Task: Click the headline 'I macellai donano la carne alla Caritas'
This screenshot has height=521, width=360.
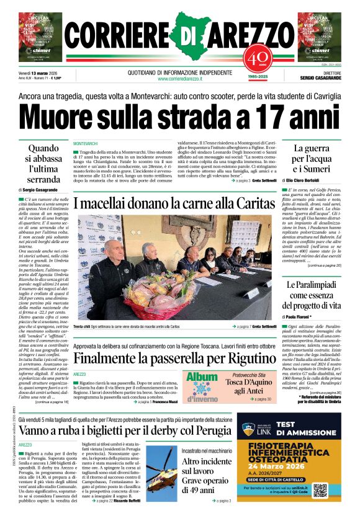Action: click(x=172, y=202)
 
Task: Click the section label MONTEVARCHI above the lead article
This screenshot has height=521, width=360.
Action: click(x=86, y=143)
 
